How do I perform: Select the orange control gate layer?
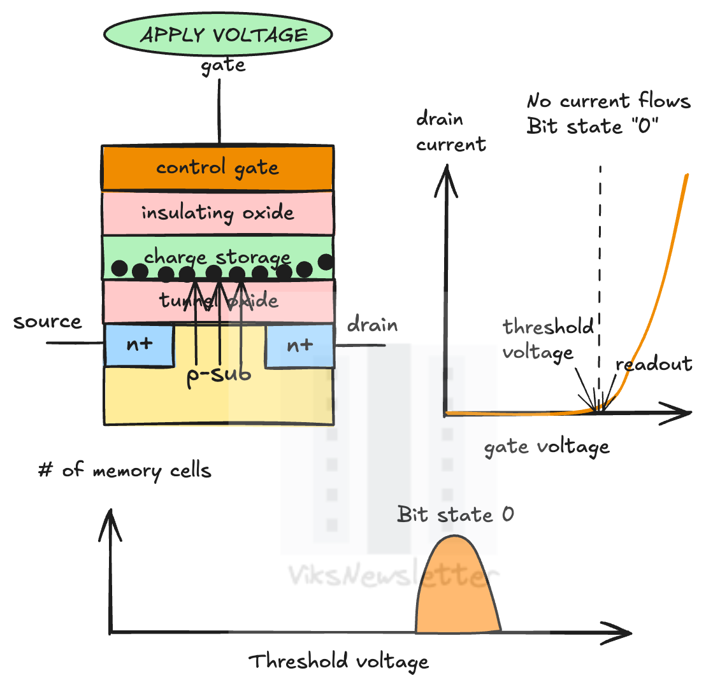pyautogui.click(x=217, y=168)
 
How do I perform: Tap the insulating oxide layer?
pyautogui.click(x=217, y=213)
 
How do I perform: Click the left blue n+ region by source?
pyautogui.click(x=139, y=345)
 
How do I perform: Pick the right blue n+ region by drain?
pyautogui.click(x=299, y=345)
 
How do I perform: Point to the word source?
pyautogui.click(x=48, y=322)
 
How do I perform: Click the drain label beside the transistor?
pyautogui.click(x=372, y=325)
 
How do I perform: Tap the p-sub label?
pyautogui.click(x=219, y=374)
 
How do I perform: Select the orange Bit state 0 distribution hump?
pyautogui.click(x=457, y=592)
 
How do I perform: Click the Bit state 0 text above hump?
pyautogui.click(x=455, y=514)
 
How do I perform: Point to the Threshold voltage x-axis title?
pyautogui.click(x=338, y=662)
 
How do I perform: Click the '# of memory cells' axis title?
pyautogui.click(x=124, y=471)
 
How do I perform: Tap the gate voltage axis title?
pyautogui.click(x=547, y=447)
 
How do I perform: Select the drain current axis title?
pyautogui.click(x=450, y=132)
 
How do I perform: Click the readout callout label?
pyautogui.click(x=654, y=364)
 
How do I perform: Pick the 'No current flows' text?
pyautogui.click(x=609, y=101)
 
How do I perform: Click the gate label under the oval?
pyautogui.click(x=223, y=66)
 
